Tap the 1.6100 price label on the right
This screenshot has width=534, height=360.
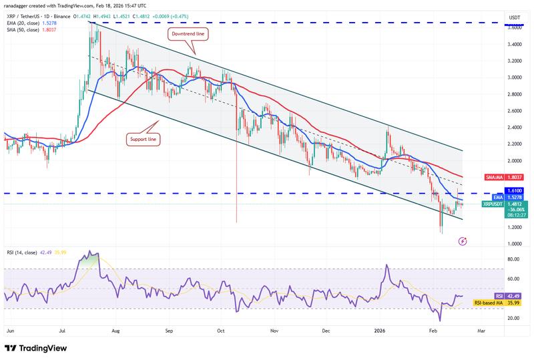(x=515, y=190)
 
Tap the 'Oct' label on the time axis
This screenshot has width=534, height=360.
(x=220, y=330)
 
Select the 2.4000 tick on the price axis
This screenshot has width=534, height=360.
(x=514, y=128)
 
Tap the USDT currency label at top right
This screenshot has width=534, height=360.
(x=514, y=17)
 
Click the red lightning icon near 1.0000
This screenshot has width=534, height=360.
(x=463, y=240)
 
